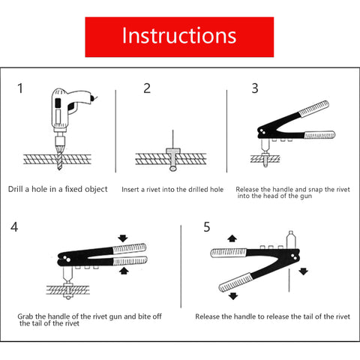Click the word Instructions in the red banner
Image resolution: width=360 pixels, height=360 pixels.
pyautogui.click(x=179, y=36)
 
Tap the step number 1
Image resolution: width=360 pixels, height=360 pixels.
pyautogui.click(x=20, y=88)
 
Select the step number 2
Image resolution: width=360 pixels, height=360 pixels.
pyautogui.click(x=147, y=88)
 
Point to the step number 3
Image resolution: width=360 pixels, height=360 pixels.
pyautogui.click(x=255, y=88)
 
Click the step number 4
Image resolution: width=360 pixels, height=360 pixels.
pyautogui.click(x=14, y=227)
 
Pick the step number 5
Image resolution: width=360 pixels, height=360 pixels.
pyautogui.click(x=207, y=227)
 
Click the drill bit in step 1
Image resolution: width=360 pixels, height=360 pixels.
pyautogui.click(x=59, y=157)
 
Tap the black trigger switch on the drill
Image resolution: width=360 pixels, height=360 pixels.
pyautogui.click(x=58, y=102)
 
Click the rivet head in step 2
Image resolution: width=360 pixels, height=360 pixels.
pyautogui.click(x=173, y=151)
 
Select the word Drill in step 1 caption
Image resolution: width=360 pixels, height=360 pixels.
pyautogui.click(x=16, y=189)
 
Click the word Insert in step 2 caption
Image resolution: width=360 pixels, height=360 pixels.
pyautogui.click(x=130, y=190)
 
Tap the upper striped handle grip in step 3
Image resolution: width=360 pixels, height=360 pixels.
pyautogui.click(x=313, y=109)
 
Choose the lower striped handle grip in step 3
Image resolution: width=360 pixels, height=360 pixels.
pyautogui.click(x=319, y=135)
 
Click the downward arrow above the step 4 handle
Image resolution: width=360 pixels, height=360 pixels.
pyautogui.click(x=123, y=238)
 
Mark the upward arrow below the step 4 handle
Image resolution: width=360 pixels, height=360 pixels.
pyautogui.click(x=124, y=271)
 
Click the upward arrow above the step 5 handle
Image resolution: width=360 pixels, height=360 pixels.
pyautogui.click(x=232, y=238)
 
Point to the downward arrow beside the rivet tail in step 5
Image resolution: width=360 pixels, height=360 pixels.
pyautogui.click(x=303, y=271)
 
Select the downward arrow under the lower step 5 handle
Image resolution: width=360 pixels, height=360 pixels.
pyautogui.click(x=233, y=296)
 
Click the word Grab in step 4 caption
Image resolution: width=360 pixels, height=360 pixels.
pyautogui.click(x=25, y=316)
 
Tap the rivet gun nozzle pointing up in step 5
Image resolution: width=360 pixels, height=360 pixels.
pyautogui.click(x=291, y=240)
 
